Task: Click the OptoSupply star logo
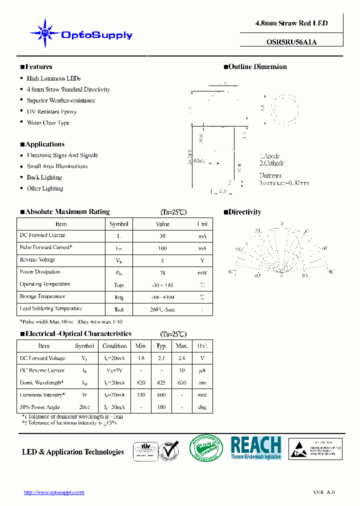[44, 33]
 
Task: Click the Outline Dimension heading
[257, 66]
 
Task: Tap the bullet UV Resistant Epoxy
[51, 111]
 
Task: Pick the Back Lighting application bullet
[44, 177]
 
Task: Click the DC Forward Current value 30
[162, 236]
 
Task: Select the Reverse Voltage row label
[37, 260]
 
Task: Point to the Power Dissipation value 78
[162, 272]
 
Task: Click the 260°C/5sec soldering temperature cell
[162, 309]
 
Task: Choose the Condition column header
[114, 346]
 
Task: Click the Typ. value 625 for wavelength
[161, 383]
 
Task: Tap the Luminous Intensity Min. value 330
[140, 395]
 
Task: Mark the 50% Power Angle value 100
[161, 407]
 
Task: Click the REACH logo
[256, 448]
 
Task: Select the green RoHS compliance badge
[205, 448]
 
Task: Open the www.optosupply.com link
[54, 492]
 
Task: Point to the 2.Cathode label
[272, 163]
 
